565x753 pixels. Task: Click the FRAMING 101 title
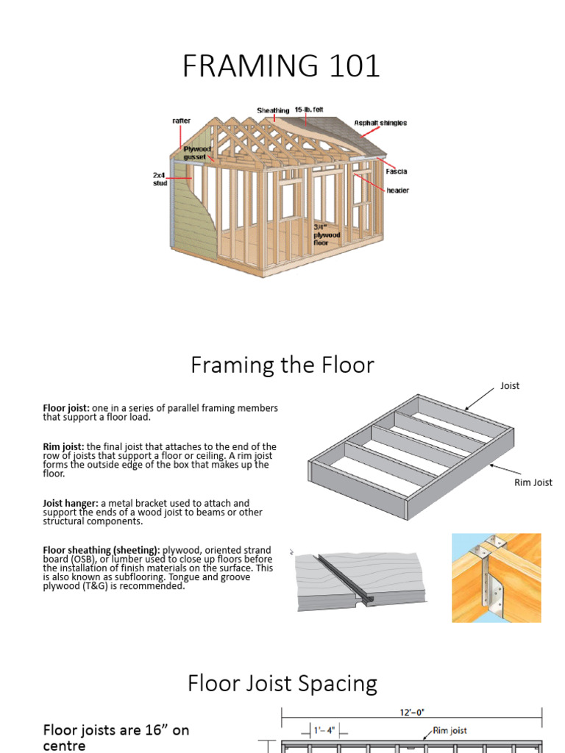[x=282, y=66]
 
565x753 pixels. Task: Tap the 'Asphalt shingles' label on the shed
[x=380, y=123]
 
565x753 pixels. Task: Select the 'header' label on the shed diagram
[x=397, y=190]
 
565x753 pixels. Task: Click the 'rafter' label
[x=181, y=121]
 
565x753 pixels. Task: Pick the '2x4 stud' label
[x=160, y=180]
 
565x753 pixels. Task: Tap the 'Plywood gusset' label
[x=196, y=153]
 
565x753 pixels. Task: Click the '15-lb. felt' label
[x=309, y=110]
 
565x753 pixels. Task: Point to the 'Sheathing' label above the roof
[x=273, y=110]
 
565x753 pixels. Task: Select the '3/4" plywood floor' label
[x=327, y=235]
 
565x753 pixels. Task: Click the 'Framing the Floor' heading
[x=282, y=365]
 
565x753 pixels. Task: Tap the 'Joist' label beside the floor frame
[x=510, y=385]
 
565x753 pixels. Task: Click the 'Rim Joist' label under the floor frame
[x=533, y=482]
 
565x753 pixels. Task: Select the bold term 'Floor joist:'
[x=66, y=408]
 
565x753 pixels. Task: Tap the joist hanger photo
[x=496, y=578]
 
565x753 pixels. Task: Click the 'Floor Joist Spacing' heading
[x=282, y=684]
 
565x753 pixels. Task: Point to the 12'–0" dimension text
[x=413, y=712]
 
